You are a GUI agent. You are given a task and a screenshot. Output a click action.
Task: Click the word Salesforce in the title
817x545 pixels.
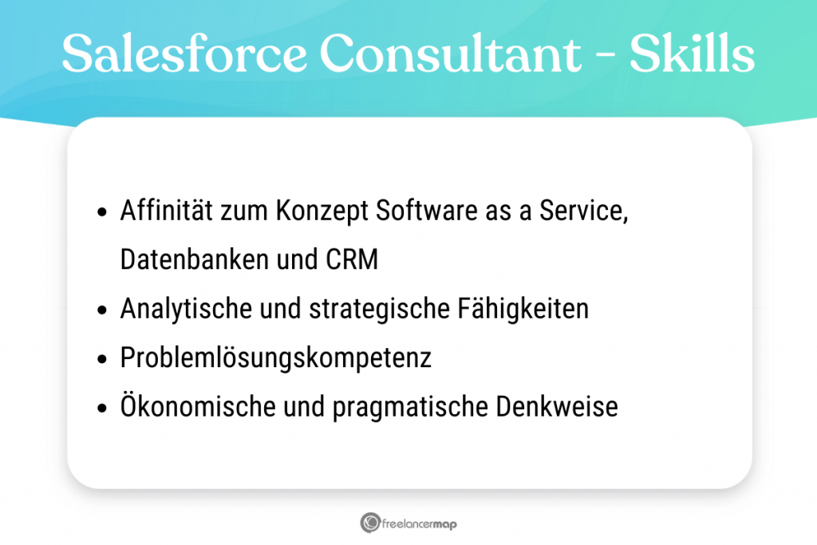tap(184, 54)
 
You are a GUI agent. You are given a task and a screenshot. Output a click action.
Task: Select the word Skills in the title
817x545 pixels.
tap(692, 54)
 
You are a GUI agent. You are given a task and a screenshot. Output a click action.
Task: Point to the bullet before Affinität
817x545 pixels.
tap(101, 213)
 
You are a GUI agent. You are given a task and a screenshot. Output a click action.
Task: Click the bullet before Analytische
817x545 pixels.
tap(101, 310)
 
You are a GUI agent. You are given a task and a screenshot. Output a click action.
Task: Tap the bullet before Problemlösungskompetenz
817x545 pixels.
tap(101, 359)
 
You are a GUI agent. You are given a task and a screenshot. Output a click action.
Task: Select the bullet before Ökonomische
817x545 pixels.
tap(101, 408)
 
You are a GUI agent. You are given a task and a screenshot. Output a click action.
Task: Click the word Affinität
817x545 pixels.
tap(167, 211)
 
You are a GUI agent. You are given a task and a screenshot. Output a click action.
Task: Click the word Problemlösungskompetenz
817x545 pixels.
tap(275, 358)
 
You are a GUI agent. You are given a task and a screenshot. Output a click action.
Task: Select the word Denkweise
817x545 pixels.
tap(558, 407)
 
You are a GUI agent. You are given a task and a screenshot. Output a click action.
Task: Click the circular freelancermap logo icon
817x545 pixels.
tap(369, 523)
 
